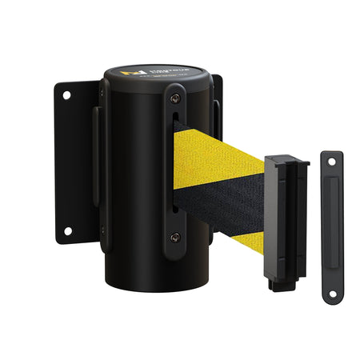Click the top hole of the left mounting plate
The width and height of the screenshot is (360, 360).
coord(66,95)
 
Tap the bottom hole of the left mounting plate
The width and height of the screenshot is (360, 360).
coord(66,231)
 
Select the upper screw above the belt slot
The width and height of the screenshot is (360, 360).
coord(175,100)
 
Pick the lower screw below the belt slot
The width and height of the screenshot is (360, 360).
coord(175,237)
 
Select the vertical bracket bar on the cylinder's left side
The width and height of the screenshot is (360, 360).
coord(99,168)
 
